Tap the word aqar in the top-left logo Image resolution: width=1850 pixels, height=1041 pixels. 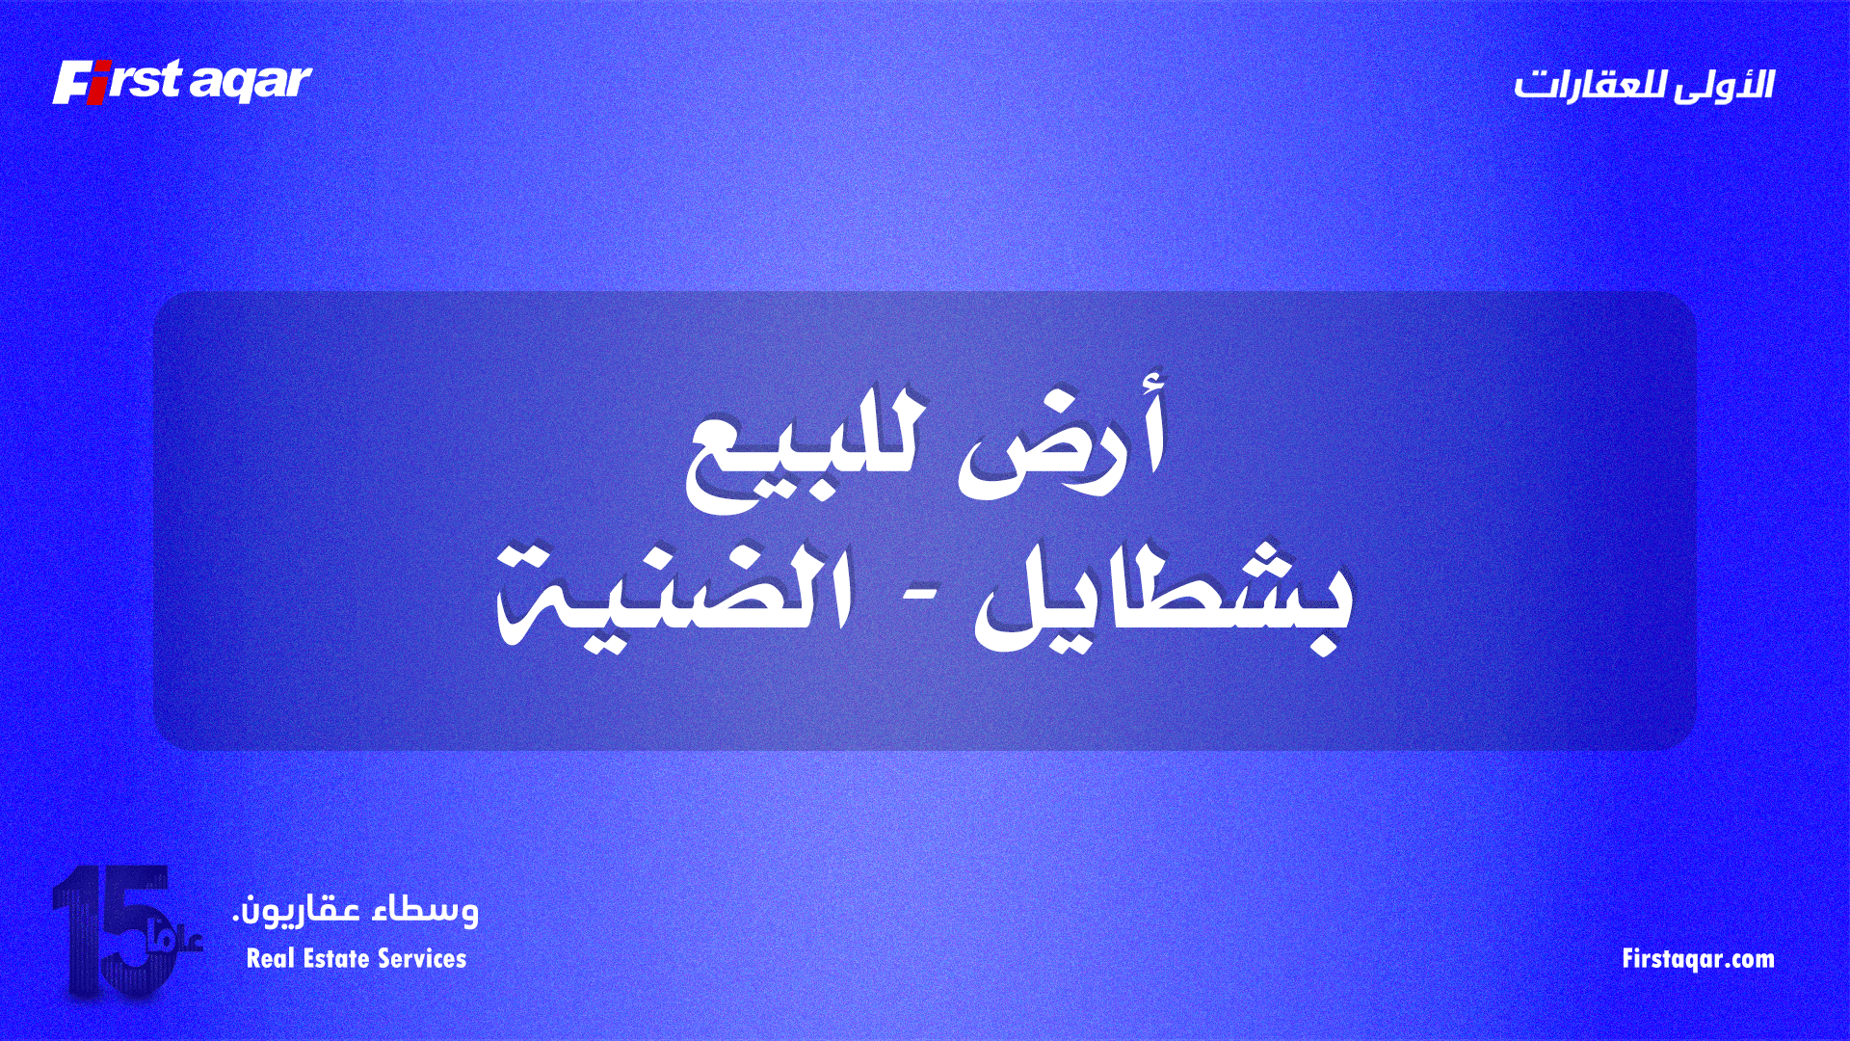[x=251, y=83]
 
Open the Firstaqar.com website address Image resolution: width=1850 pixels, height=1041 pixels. [x=1698, y=959]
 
